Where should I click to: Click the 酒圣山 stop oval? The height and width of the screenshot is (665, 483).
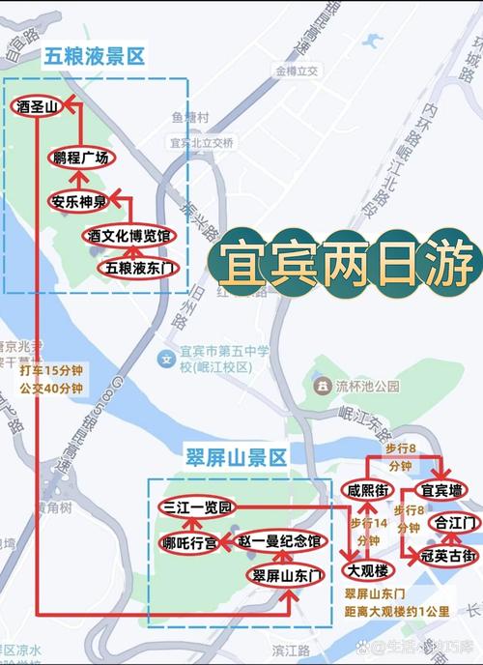point(37,105)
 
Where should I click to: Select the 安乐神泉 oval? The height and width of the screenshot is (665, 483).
point(76,202)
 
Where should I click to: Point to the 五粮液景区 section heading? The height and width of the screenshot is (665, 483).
point(94,57)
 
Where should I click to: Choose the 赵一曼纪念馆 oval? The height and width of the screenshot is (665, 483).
point(280,540)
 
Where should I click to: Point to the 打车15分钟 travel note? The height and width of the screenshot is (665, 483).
point(51,369)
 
